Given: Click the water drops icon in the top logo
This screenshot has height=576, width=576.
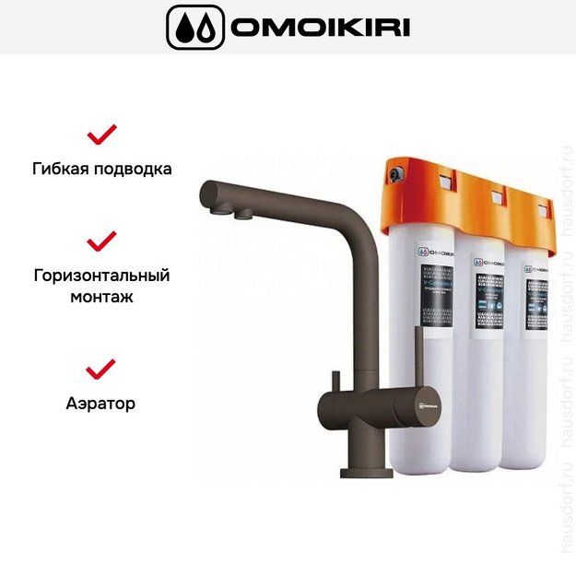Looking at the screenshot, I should [194, 27].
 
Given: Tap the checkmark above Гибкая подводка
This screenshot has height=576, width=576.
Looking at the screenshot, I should [101, 135].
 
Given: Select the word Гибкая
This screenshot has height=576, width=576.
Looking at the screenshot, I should [65, 170].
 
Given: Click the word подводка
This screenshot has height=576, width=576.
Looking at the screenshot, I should [135, 170].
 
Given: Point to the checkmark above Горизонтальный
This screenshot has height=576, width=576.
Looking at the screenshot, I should [101, 241].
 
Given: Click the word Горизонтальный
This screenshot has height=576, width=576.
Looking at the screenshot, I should [101, 276].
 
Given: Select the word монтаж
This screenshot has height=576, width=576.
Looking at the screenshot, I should [101, 298].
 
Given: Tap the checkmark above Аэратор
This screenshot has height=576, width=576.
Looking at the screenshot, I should [101, 370].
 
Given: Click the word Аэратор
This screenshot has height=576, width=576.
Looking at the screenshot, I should [101, 404].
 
